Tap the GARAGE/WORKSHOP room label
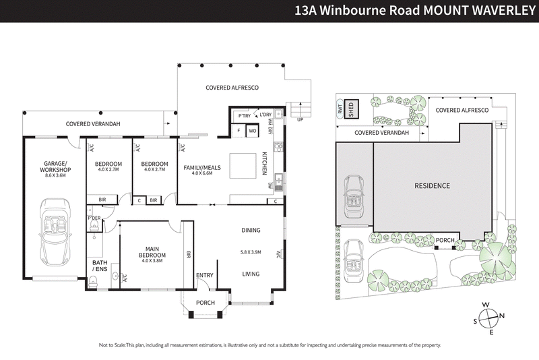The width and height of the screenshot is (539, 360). (x=57, y=167)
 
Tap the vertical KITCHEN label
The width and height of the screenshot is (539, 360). (x=263, y=164)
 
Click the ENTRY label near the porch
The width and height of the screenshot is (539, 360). (x=205, y=276)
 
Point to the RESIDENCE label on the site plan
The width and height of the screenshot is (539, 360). (x=432, y=185)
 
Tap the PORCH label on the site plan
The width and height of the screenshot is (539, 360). (x=445, y=240)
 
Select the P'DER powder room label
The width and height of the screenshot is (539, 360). (x=93, y=218)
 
